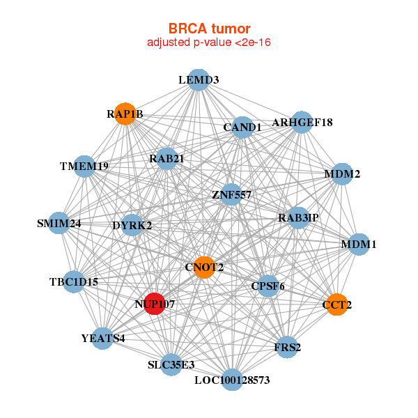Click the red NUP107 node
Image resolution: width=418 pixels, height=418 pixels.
point(155,304)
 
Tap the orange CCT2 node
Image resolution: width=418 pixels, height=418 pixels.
point(336,304)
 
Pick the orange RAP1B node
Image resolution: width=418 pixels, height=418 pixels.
point(125,114)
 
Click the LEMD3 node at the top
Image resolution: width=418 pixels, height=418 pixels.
point(199,79)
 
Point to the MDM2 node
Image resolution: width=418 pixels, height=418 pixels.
point(342,173)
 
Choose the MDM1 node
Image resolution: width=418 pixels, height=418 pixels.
point(358,245)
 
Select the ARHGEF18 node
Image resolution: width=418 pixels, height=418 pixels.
point(302,122)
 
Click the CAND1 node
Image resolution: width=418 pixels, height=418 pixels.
point(242,127)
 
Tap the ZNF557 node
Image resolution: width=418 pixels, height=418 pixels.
point(231,194)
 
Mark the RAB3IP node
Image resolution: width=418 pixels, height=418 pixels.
point(298,217)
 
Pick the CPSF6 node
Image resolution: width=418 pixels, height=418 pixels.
point(268,286)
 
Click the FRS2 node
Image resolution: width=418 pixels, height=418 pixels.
point(287,346)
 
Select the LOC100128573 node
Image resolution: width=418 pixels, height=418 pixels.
point(232,380)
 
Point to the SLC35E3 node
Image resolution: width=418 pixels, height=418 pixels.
point(171,364)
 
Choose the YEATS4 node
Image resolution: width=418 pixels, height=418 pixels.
point(103,339)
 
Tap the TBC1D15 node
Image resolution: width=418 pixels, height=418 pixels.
point(74,281)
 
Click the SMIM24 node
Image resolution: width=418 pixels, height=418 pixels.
point(59,224)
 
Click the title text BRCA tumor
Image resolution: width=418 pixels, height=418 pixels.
point(209,29)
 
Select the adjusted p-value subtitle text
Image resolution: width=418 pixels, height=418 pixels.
point(209,42)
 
